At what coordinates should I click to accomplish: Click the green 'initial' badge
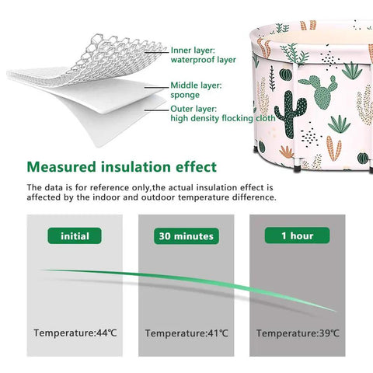[75, 235]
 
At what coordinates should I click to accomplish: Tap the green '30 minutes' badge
[186, 236]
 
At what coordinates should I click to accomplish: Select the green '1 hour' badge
[297, 235]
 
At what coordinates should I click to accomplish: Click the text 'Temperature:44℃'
[75, 333]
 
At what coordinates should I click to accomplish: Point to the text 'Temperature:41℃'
[186, 333]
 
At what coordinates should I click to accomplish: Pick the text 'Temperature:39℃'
[298, 333]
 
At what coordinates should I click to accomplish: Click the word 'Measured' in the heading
[61, 167]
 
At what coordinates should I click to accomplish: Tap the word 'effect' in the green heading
[196, 167]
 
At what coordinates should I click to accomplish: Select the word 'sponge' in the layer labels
[185, 96]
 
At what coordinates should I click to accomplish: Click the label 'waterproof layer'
[204, 60]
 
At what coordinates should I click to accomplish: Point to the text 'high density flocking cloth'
[223, 118]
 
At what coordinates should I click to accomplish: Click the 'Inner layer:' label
[193, 50]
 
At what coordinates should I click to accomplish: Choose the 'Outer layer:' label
[193, 109]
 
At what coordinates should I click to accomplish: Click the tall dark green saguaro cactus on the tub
[289, 114]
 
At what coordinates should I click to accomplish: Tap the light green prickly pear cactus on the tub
[319, 91]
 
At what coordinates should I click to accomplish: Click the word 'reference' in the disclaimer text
[110, 187]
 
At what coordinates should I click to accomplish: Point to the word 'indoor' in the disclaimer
[106, 197]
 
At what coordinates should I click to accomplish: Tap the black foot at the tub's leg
[297, 169]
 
